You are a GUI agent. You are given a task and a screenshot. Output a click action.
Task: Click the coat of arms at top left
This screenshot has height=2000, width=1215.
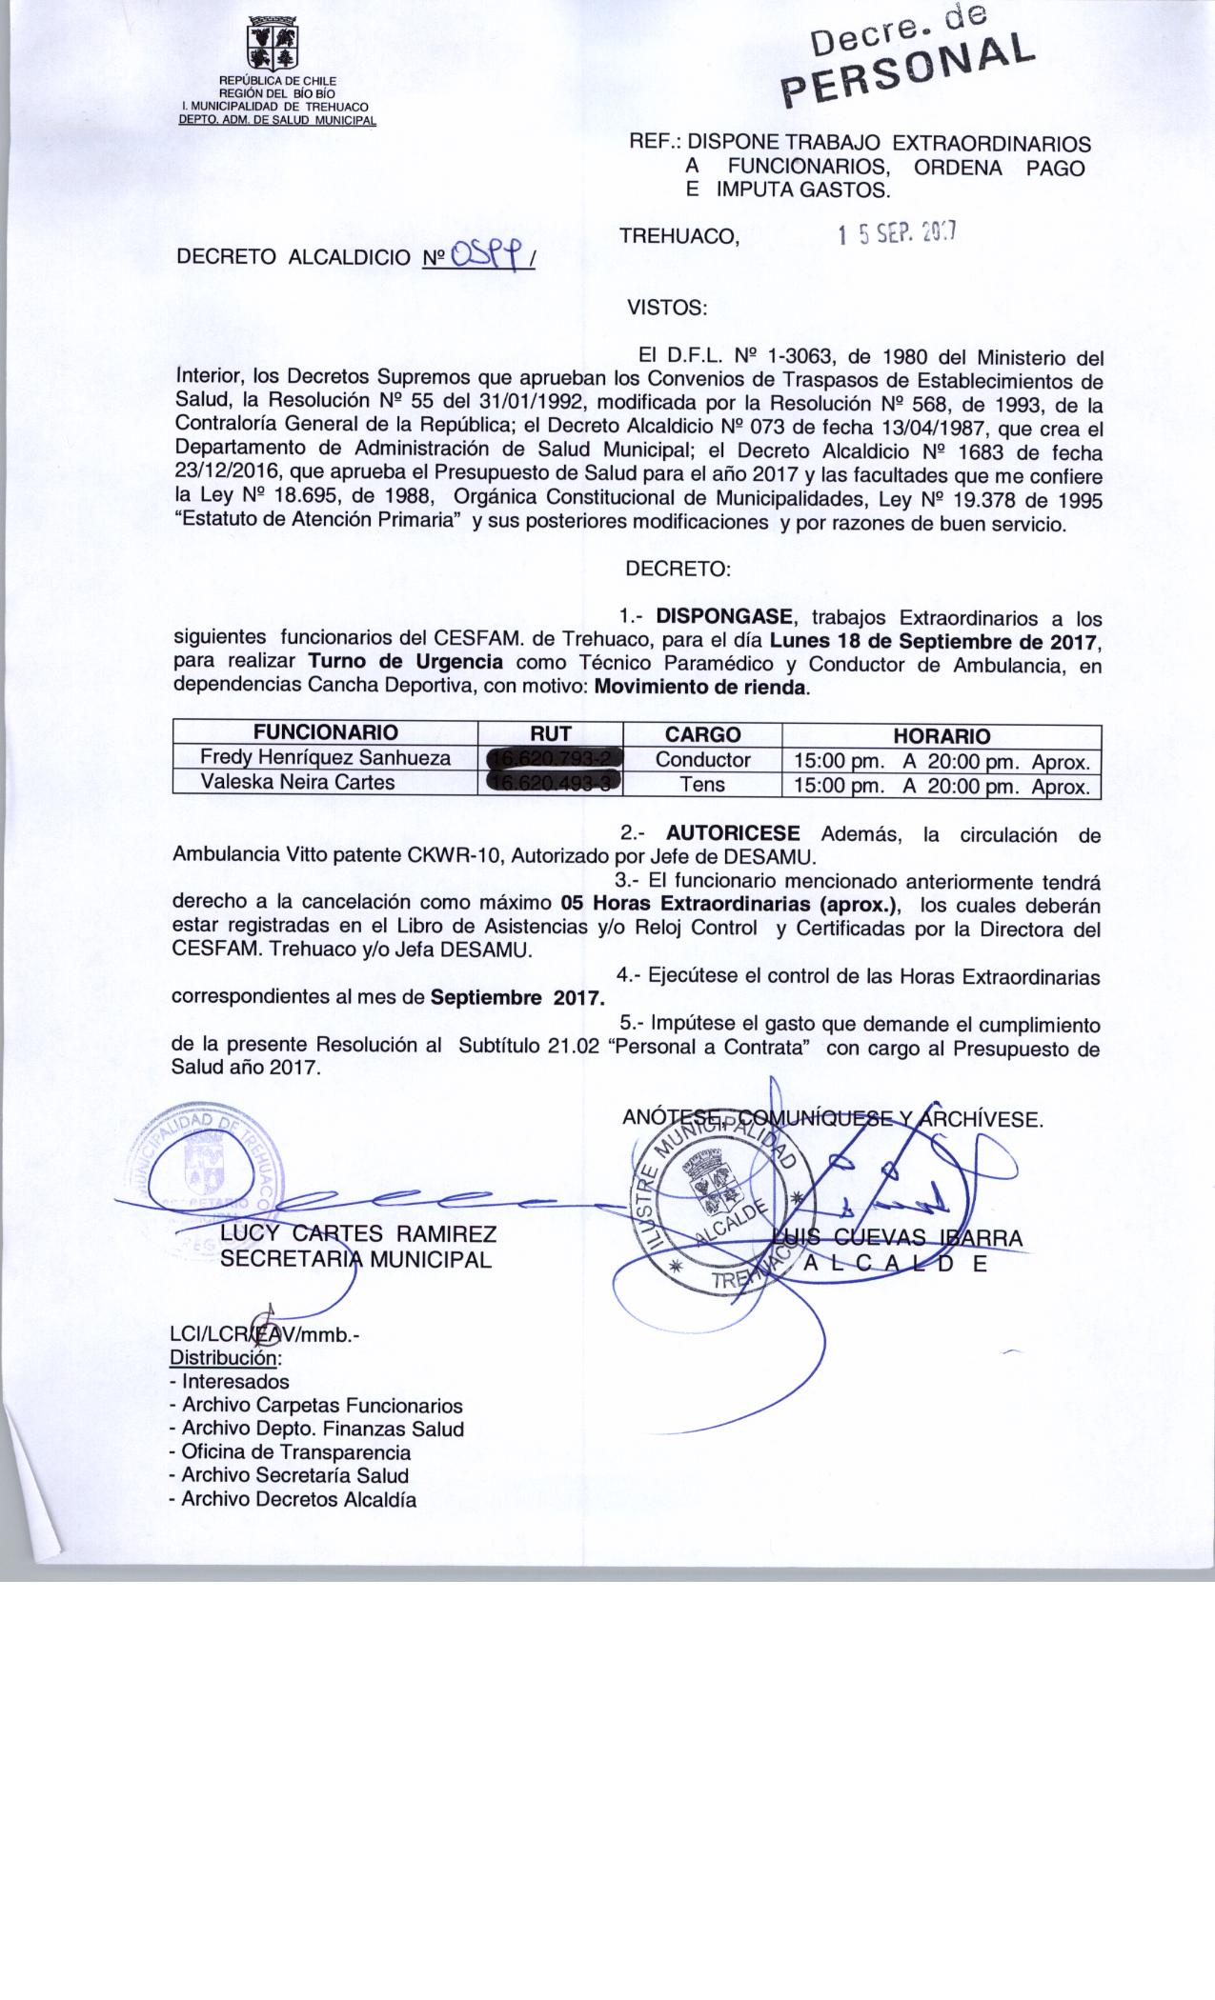[273, 44]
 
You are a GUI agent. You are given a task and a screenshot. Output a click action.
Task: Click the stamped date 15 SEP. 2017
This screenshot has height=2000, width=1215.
[898, 233]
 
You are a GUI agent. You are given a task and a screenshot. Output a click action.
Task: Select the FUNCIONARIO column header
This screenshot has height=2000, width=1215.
[325, 733]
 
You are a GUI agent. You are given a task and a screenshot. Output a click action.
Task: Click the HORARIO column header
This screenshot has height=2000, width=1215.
[941, 735]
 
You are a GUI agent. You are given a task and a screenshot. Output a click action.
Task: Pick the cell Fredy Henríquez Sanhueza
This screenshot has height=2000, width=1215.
[326, 759]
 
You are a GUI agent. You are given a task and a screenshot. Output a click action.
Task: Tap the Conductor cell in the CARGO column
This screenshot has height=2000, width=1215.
[702, 760]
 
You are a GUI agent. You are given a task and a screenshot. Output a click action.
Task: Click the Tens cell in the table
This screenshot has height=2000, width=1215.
[702, 785]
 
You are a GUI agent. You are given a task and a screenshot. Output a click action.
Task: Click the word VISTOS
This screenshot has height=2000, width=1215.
[666, 308]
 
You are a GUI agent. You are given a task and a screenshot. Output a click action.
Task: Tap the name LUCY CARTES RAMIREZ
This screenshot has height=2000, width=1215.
[358, 1234]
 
